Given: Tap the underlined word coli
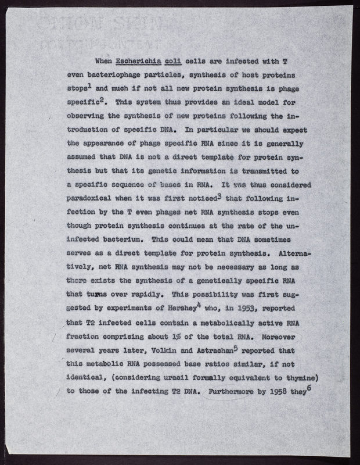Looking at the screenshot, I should click(179, 62).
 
